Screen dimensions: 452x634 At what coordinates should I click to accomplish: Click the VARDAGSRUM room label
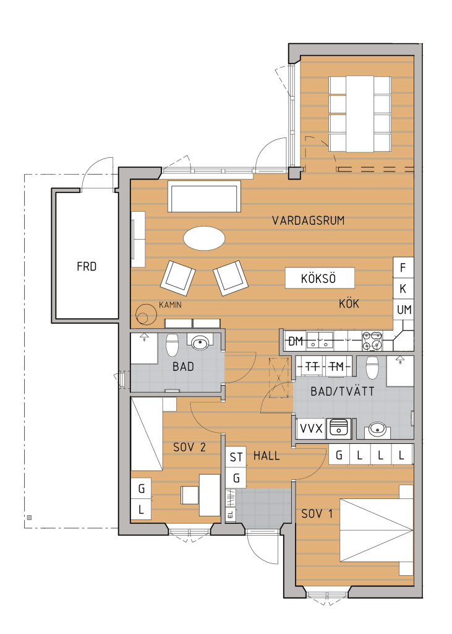[308, 221]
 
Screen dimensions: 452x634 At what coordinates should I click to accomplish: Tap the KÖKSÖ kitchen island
[320, 278]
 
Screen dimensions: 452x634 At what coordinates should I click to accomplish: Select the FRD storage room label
[87, 267]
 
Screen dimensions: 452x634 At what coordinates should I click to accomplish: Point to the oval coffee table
[204, 238]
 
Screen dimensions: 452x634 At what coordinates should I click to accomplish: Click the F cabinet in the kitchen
[403, 267]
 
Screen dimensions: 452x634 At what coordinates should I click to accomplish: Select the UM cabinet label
[404, 310]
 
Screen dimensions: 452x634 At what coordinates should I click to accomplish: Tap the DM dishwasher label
[296, 342]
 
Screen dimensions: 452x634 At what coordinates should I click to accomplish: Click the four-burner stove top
[372, 341]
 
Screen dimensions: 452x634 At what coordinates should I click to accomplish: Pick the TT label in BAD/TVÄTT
[312, 367]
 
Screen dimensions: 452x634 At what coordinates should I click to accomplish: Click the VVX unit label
[311, 428]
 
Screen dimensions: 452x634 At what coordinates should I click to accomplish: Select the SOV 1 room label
[317, 514]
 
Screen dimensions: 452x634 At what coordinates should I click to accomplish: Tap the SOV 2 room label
[189, 447]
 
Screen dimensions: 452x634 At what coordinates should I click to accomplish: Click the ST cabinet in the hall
[236, 457]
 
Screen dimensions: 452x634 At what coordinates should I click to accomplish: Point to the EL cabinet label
[231, 515]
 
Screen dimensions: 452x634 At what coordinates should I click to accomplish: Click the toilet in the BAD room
[173, 344]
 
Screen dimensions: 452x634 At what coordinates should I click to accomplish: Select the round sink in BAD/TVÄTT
[377, 429]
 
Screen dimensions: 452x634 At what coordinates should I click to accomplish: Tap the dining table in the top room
[360, 114]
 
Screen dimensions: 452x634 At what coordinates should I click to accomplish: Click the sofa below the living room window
[205, 196]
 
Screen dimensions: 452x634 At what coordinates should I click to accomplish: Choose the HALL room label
[267, 456]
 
